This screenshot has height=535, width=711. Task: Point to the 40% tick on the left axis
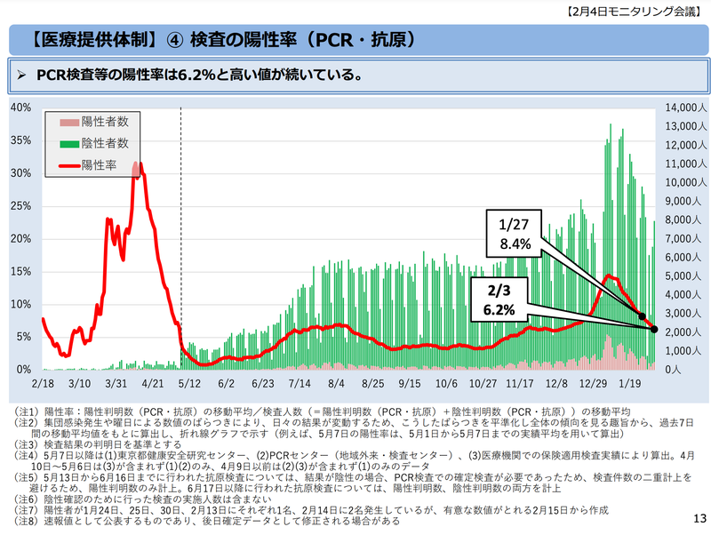pos(20,108)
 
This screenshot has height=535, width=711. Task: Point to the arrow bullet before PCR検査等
pos(24,75)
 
